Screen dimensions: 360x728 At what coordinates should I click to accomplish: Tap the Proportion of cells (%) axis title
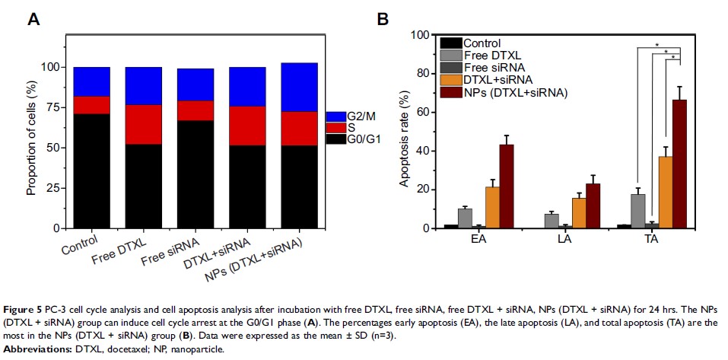tap(32, 148)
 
